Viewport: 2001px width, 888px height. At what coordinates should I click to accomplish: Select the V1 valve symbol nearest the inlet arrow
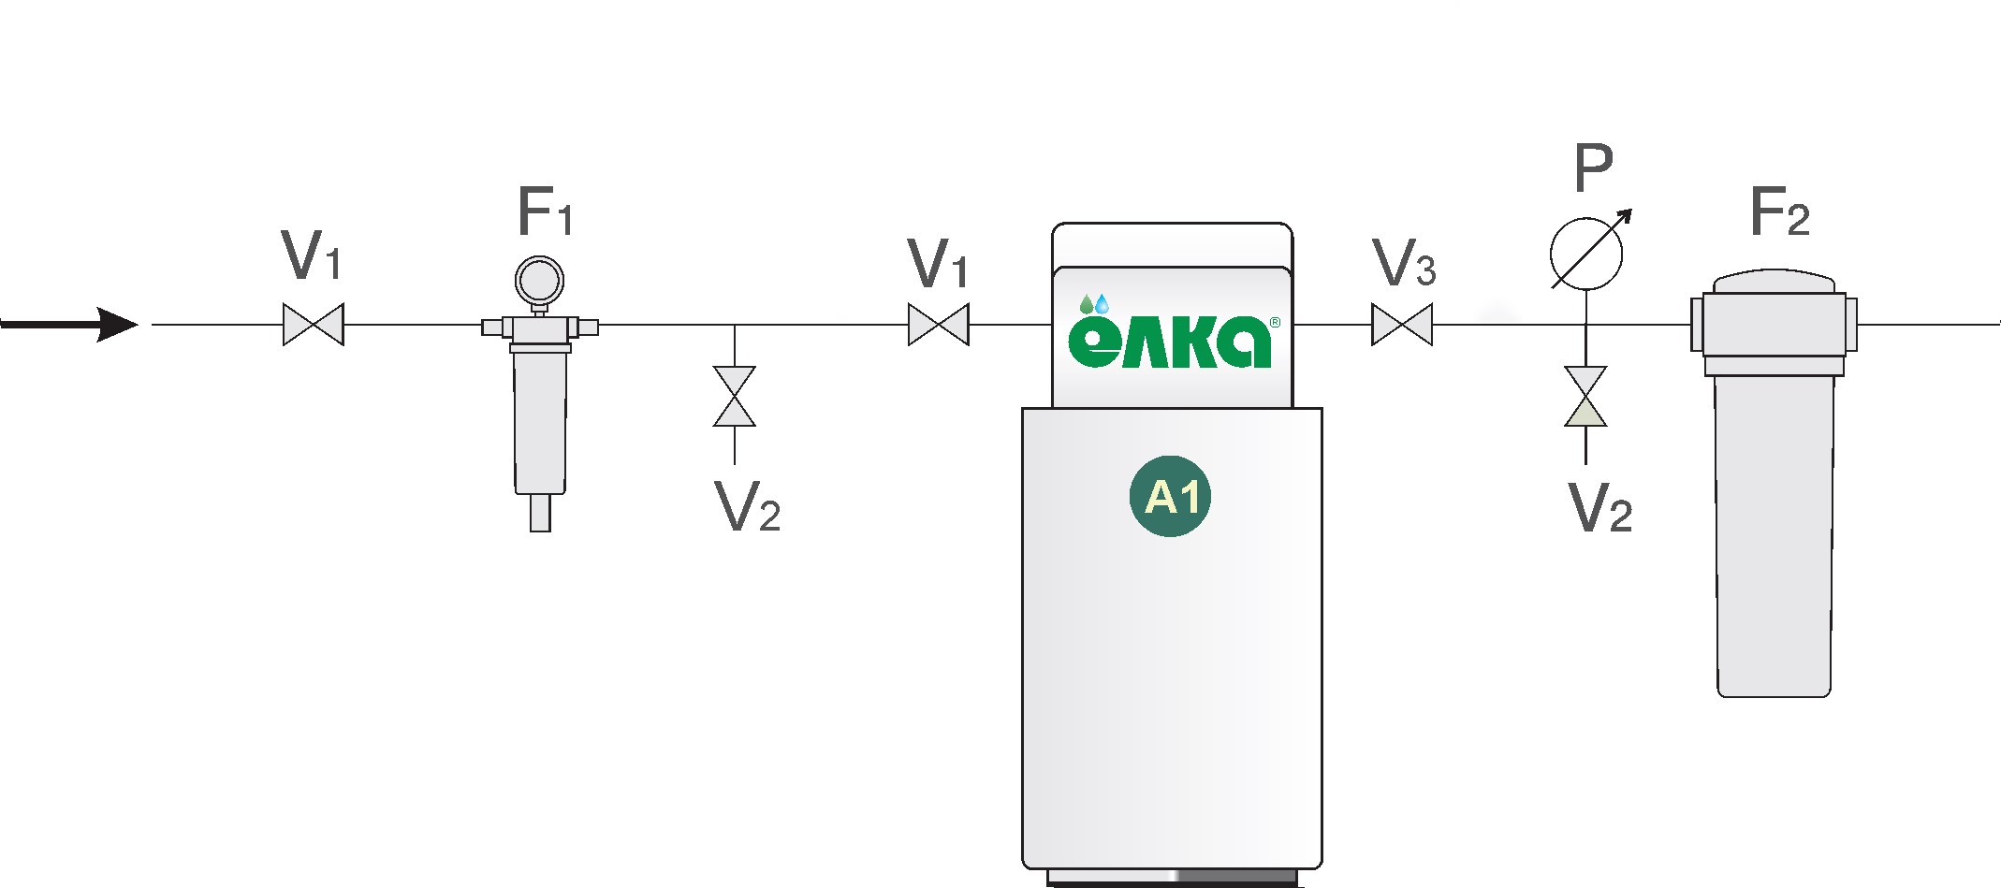(x=314, y=325)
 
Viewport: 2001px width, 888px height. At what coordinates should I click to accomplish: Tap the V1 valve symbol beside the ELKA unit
(x=938, y=325)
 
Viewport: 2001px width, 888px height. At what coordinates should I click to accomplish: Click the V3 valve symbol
(x=1401, y=325)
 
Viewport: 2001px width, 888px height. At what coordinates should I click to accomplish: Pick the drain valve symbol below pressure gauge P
(x=1585, y=397)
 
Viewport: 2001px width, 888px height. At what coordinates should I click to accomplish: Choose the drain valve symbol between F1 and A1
(x=735, y=397)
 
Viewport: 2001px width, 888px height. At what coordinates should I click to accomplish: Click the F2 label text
(x=1778, y=212)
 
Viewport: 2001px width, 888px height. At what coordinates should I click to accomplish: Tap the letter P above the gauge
(x=1593, y=168)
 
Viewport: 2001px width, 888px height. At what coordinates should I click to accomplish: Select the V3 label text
(x=1403, y=263)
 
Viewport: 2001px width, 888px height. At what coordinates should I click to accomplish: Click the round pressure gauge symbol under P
(x=1586, y=254)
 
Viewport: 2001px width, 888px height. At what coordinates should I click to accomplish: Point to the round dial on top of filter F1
(x=539, y=279)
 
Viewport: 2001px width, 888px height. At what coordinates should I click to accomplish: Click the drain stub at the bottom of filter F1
(x=540, y=513)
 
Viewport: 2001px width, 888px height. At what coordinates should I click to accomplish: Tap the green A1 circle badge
(x=1171, y=496)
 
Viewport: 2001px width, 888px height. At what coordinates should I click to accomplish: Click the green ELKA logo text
(x=1170, y=342)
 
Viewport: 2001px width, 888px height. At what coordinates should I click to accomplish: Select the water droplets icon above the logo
(x=1094, y=304)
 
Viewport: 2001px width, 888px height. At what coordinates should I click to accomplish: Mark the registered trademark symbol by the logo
(x=1275, y=322)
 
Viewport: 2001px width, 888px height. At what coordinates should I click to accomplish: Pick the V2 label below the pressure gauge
(x=1599, y=508)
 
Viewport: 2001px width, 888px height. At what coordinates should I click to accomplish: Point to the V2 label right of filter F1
(x=747, y=508)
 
